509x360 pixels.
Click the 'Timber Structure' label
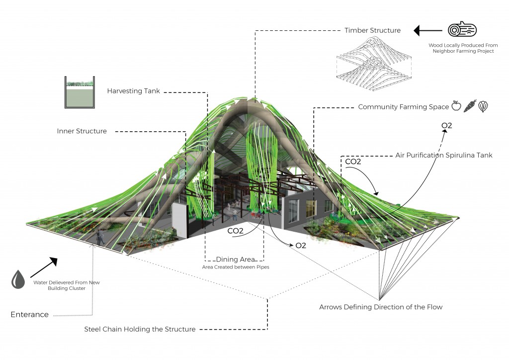click(x=372, y=30)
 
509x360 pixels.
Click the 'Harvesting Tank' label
click(x=134, y=91)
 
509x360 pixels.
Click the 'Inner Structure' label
click(x=82, y=131)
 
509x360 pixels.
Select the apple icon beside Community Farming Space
click(x=456, y=106)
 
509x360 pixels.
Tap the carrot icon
click(x=469, y=106)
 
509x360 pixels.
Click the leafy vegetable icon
click(x=483, y=106)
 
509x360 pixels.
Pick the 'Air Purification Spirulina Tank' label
click(x=443, y=155)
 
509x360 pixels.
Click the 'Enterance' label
click(x=30, y=314)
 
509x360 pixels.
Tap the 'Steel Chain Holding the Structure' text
click(x=140, y=329)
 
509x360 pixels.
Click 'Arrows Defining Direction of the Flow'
click(x=381, y=307)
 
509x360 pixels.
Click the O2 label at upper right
click(x=446, y=125)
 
